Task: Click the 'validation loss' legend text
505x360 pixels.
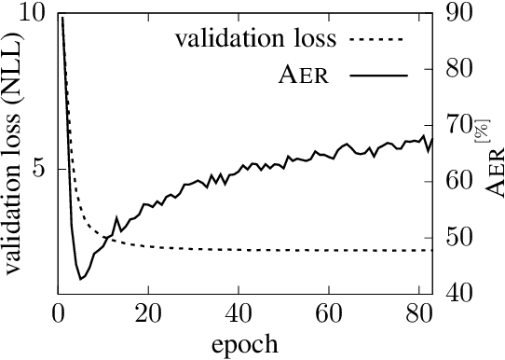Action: click(x=256, y=39)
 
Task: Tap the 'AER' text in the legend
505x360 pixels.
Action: click(x=303, y=76)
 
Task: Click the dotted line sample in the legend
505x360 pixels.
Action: click(x=377, y=39)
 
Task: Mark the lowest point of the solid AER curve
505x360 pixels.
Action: click(x=80, y=279)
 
